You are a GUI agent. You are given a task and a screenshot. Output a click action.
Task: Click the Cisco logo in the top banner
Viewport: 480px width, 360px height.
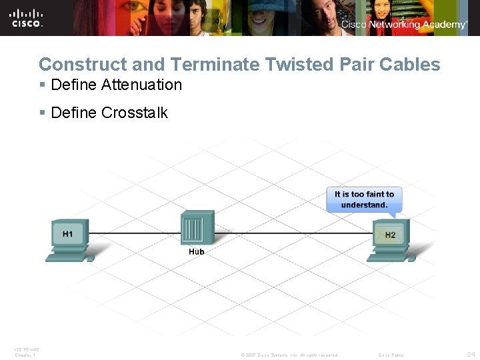(26, 17)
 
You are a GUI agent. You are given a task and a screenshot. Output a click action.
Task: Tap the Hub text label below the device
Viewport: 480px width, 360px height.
(197, 252)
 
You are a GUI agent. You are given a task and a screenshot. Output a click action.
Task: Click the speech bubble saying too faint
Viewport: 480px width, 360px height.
(364, 199)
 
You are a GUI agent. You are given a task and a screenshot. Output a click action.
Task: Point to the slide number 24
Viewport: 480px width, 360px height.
(471, 354)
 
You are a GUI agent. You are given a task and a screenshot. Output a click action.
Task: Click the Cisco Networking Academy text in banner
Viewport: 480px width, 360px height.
(404, 25)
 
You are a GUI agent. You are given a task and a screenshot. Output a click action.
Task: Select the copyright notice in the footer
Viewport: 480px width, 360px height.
(289, 355)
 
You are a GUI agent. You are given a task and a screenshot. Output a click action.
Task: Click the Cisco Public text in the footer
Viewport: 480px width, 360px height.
(391, 355)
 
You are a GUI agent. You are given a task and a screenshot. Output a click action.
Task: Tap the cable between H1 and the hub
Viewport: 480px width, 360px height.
(133, 233)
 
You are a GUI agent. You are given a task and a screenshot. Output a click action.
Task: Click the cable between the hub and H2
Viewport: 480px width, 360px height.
(293, 233)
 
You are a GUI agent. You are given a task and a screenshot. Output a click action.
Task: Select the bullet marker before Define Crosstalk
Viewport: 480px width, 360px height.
(42, 113)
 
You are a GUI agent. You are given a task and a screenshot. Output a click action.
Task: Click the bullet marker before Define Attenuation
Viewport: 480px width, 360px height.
(42, 85)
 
